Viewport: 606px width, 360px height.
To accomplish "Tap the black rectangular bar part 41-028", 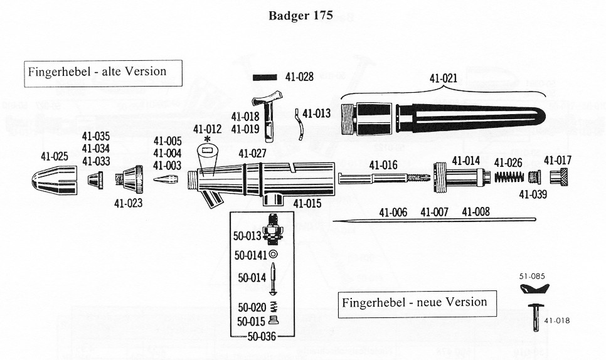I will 264,78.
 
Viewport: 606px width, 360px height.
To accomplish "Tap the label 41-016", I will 383,166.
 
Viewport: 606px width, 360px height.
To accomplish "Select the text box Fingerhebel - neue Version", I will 415,302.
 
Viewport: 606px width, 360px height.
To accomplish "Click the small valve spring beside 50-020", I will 274,307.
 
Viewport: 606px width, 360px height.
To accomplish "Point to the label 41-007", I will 434,212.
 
